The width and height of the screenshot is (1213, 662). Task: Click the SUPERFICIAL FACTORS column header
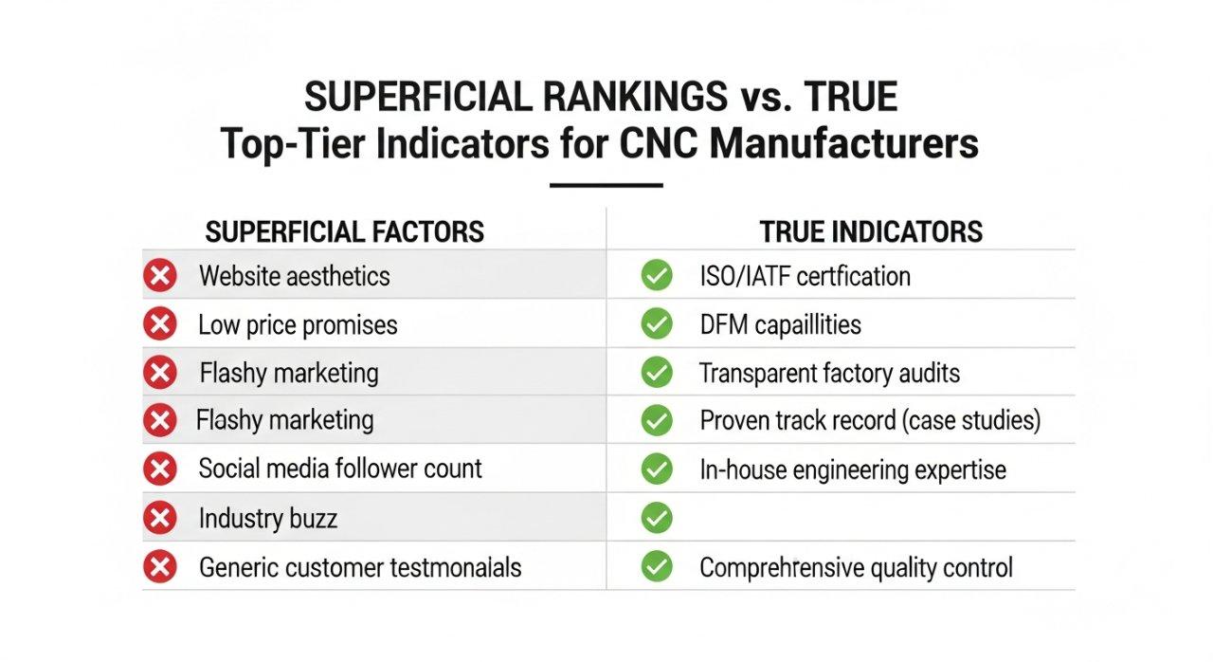tap(345, 231)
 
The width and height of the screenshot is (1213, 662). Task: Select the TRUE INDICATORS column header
tap(871, 231)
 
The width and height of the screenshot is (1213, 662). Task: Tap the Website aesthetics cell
tap(294, 276)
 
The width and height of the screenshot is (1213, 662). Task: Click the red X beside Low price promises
tap(160, 325)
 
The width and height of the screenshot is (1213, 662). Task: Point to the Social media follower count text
tap(340, 469)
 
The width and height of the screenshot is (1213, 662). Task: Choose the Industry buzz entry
tap(268, 519)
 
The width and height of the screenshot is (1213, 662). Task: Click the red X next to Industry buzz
tap(160, 518)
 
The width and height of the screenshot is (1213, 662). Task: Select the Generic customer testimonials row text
tap(360, 567)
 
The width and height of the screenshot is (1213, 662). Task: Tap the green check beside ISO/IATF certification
tap(656, 276)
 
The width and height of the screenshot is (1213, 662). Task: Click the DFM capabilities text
tap(780, 325)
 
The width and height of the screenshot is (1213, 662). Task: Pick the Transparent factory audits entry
tap(829, 374)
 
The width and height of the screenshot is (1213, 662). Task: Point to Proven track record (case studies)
tap(870, 420)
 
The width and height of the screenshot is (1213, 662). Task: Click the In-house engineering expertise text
tap(853, 469)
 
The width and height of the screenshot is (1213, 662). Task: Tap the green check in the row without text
tap(656, 518)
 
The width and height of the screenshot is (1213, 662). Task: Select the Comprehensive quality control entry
tap(856, 568)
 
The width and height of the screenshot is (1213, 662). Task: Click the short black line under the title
tap(606, 184)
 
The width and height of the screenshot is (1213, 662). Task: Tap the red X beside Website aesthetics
tap(160, 276)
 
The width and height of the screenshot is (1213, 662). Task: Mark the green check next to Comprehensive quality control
tap(656, 567)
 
